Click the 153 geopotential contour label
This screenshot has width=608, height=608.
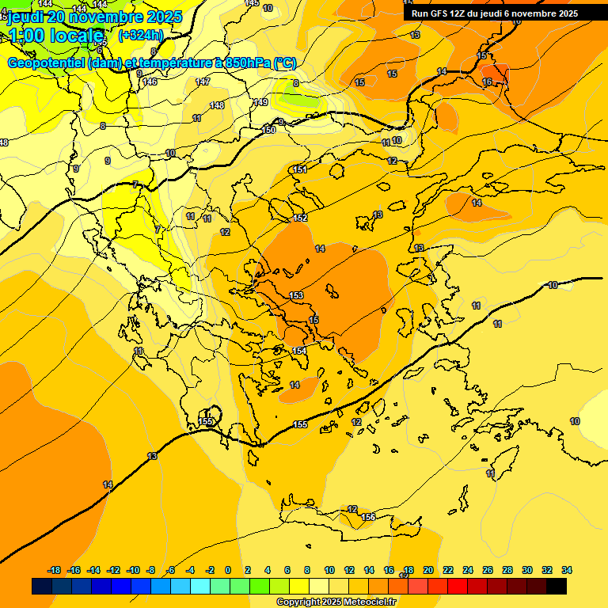click(x=297, y=295)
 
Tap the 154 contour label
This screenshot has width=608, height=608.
click(x=300, y=351)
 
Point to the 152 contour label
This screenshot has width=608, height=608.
click(x=300, y=218)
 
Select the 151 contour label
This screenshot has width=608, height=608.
click(x=299, y=169)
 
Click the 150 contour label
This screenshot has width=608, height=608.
click(x=269, y=130)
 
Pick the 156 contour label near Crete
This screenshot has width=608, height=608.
click(x=368, y=517)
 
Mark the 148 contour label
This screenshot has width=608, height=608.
click(x=217, y=105)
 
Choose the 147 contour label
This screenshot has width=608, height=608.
click(x=203, y=82)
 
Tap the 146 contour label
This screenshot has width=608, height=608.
click(x=150, y=82)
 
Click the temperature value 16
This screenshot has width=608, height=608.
click(x=487, y=82)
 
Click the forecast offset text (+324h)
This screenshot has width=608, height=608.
click(x=141, y=35)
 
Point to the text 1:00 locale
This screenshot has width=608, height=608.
click(x=55, y=36)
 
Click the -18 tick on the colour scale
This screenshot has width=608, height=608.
click(x=54, y=570)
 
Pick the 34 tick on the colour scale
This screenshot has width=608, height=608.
click(x=567, y=570)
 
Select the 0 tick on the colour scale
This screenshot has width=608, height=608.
click(x=228, y=570)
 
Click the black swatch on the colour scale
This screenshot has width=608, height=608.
click(x=557, y=587)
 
